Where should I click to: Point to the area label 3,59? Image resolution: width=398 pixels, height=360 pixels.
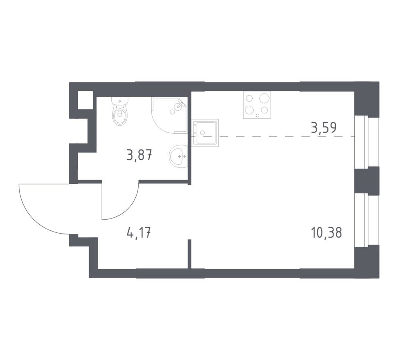(x=324, y=128)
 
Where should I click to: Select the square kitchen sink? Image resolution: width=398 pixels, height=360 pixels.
(x=205, y=133)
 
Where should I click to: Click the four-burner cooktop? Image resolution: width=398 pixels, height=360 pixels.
(x=257, y=105)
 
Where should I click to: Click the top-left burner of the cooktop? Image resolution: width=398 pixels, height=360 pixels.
(x=250, y=99)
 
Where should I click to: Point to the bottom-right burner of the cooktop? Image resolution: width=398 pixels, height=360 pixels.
(x=265, y=110)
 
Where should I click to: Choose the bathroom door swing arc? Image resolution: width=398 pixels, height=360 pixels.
(x=123, y=205)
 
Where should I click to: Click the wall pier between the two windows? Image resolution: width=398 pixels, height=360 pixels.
(x=367, y=180)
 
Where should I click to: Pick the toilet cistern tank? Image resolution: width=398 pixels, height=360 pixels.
(x=120, y=101)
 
